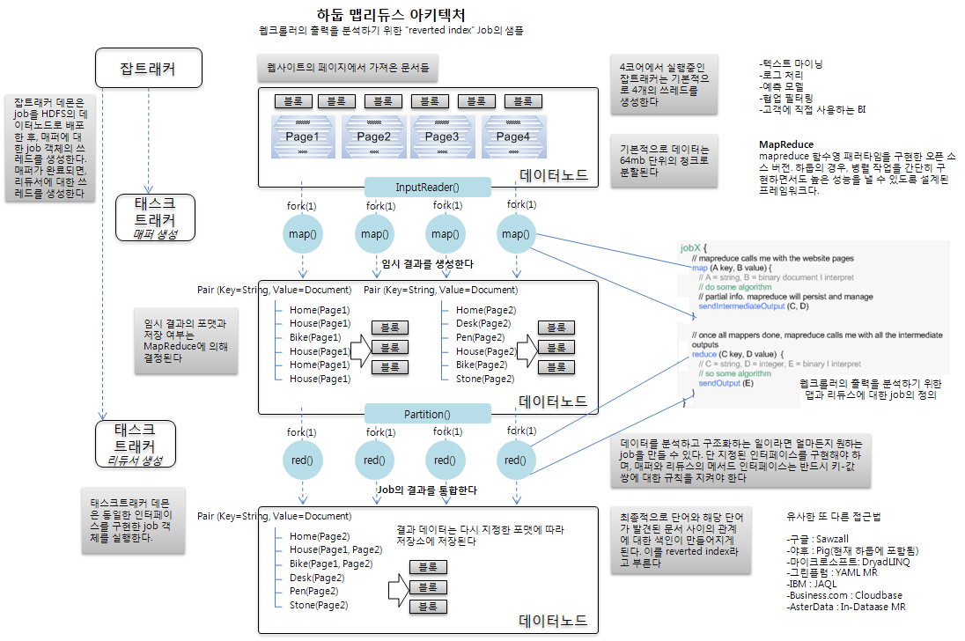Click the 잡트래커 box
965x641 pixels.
click(149, 69)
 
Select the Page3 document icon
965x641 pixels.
click(442, 136)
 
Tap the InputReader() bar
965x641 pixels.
click(427, 188)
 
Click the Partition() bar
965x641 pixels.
click(427, 414)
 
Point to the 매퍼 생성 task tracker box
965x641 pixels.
click(155, 217)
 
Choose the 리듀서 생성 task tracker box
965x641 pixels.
click(135, 444)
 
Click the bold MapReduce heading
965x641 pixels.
click(785, 144)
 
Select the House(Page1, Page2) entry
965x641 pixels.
click(335, 549)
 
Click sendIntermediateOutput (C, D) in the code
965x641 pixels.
click(753, 306)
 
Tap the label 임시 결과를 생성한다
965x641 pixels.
click(427, 263)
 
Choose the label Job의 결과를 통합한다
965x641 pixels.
click(427, 490)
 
